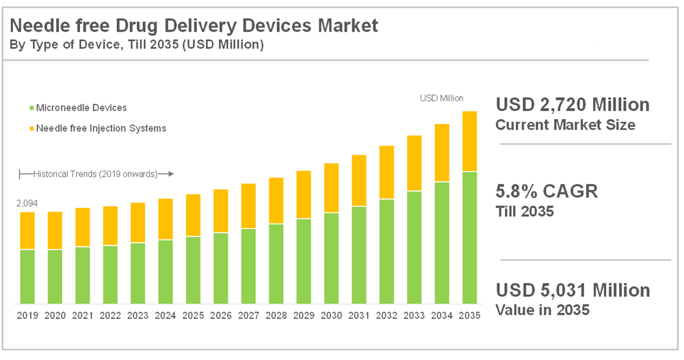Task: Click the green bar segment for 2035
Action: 469,237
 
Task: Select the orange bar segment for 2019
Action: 27,231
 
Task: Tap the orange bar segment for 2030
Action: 331,188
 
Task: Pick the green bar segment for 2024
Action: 166,272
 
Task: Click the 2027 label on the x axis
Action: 248,316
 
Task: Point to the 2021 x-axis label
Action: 83,316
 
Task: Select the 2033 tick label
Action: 414,316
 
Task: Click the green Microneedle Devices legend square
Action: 31,108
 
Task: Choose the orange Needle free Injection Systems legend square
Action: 31,128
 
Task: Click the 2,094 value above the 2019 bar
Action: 27,204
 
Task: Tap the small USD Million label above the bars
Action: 441,99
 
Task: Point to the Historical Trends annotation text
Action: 95,174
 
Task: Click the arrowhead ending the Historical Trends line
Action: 171,174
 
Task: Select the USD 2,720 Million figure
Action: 573,105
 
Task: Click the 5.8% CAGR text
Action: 547,191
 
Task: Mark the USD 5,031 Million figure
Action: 573,290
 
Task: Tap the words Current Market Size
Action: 565,125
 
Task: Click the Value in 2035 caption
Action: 542,310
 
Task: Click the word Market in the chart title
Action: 347,27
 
